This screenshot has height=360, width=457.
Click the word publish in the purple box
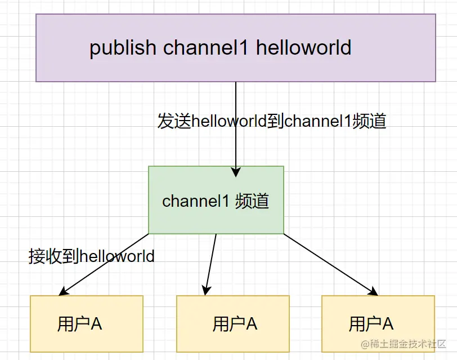coord(123,48)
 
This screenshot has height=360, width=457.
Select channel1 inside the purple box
coord(205,48)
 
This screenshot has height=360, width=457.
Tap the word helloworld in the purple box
coord(304,48)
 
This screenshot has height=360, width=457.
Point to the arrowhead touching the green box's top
coord(236,171)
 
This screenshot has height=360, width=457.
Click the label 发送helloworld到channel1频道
coord(272,121)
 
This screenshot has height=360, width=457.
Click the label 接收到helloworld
coord(91,256)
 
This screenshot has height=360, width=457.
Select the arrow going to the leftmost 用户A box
coord(104,264)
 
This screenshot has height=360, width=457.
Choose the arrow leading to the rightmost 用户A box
coord(329,264)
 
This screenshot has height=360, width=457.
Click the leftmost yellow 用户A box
coord(86,324)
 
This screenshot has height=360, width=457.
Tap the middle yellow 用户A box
coord(232,324)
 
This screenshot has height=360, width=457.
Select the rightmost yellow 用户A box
coord(378,324)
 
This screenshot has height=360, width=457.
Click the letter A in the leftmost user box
coord(96,324)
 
